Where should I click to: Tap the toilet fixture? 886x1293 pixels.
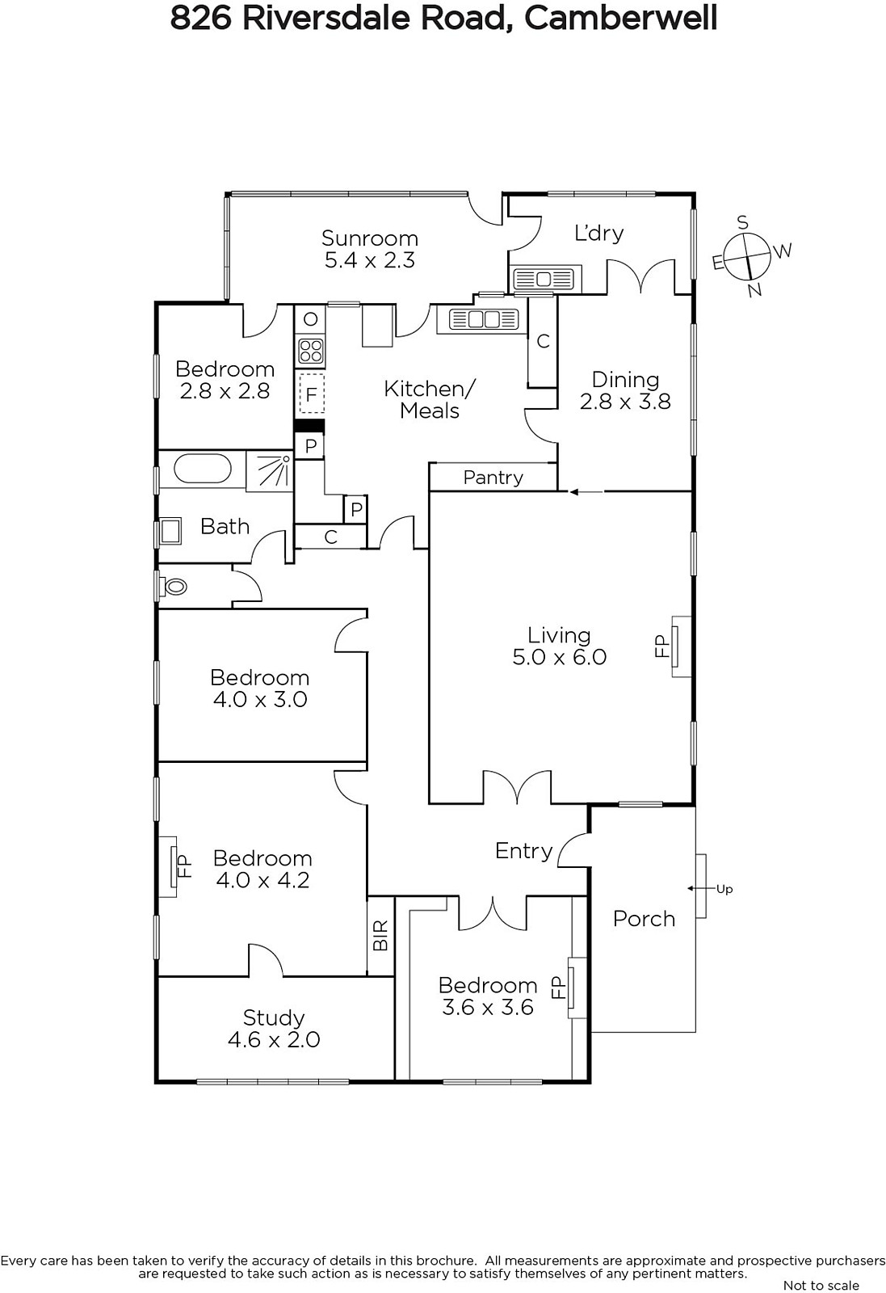pos(174,586)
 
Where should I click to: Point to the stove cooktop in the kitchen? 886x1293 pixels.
pos(311,351)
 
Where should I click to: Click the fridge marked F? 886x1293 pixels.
pos(311,394)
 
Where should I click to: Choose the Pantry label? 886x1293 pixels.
pos(493,478)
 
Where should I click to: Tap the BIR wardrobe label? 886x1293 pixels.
pos(380,935)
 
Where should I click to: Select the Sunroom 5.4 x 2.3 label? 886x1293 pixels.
pos(370,249)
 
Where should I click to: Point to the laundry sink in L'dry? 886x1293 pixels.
pos(544,280)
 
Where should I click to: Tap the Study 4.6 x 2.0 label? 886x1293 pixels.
pos(274,1029)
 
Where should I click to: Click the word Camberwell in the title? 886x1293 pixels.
pos(620,18)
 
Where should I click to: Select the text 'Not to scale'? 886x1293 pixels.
pos(821,1285)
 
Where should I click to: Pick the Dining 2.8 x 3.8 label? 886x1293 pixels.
pos(625,390)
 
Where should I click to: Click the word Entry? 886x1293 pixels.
pos(523,850)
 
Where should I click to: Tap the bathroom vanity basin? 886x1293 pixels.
pos(170,531)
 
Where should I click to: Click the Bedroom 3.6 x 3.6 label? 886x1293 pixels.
pos(488,996)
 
